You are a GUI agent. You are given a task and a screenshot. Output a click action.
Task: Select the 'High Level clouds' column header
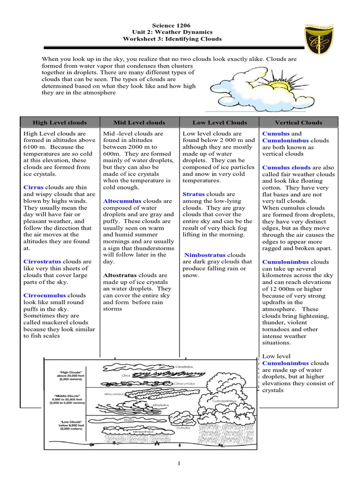pyautogui.click(x=59, y=122)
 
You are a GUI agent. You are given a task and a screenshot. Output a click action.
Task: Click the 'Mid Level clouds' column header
pyautogui.click(x=139, y=122)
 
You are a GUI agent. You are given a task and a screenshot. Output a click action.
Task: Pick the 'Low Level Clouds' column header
pyautogui.click(x=219, y=122)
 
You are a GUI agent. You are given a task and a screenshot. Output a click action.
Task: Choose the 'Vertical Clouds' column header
pyautogui.click(x=298, y=122)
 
